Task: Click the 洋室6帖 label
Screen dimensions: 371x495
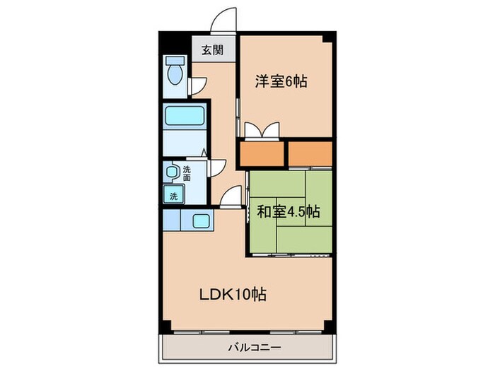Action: tap(281, 81)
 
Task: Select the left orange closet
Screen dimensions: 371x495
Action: tap(262, 153)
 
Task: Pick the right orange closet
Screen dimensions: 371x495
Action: tap(310, 153)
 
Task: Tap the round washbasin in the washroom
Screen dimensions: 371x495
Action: tap(171, 172)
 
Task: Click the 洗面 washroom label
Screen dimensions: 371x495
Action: tap(187, 173)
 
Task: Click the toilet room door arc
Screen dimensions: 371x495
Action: tap(199, 86)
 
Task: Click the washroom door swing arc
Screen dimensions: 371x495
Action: tap(218, 167)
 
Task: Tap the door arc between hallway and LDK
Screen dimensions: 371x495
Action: tap(229, 198)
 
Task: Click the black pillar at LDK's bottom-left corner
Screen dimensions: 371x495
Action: tap(165, 327)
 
